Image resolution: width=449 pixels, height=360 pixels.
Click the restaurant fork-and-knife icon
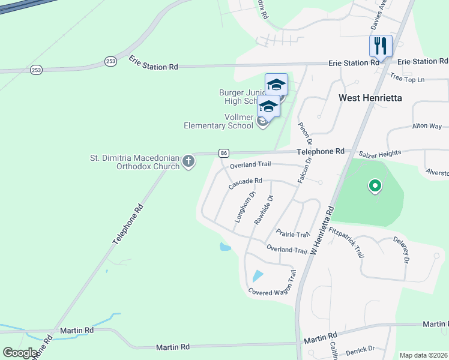click(x=381, y=46)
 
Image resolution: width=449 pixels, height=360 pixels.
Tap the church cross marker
click(x=188, y=161)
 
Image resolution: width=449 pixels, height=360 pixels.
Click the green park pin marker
click(x=375, y=187)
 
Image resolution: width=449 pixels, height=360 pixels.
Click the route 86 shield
click(x=223, y=153)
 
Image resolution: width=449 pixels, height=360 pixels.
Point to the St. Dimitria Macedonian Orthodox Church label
click(x=135, y=162)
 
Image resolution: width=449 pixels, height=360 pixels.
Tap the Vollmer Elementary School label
click(x=218, y=121)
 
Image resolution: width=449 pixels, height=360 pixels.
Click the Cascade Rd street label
click(x=246, y=183)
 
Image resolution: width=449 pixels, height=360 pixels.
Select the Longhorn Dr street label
click(x=245, y=207)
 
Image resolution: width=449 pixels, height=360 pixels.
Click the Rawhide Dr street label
click(x=264, y=210)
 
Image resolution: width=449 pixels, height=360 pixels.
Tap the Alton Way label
click(x=427, y=127)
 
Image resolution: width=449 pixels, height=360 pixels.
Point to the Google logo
click(x=21, y=353)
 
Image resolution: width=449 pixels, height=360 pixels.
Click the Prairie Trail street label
click(x=292, y=234)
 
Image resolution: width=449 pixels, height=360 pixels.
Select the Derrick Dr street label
click(x=360, y=349)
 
